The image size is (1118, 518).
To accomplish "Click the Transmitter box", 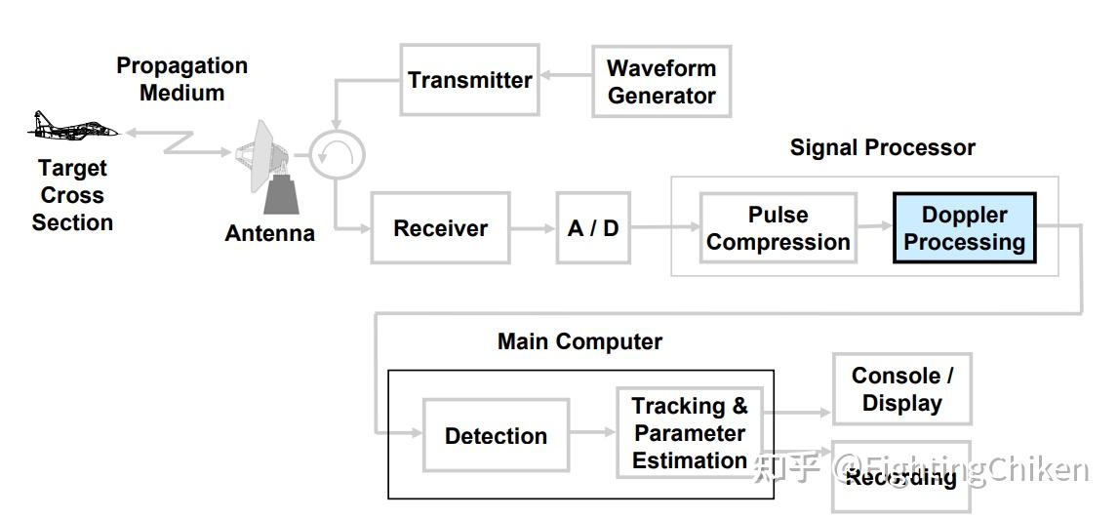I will pyautogui.click(x=469, y=80).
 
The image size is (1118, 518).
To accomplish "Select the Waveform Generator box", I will pyautogui.click(x=660, y=82).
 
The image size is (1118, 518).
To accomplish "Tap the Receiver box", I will pyautogui.click(x=440, y=228).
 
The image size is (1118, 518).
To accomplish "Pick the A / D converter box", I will pyautogui.click(x=593, y=228).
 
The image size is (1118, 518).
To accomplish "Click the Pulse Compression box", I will pyautogui.click(x=778, y=228).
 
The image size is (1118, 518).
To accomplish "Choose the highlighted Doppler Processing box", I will pyautogui.click(x=964, y=228).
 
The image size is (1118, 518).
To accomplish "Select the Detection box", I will pyautogui.click(x=496, y=435).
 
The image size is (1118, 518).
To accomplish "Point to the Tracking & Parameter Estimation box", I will pyautogui.click(x=689, y=433).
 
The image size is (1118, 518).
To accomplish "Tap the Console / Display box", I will pyautogui.click(x=901, y=389).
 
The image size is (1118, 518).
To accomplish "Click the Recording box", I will pyautogui.click(x=901, y=477).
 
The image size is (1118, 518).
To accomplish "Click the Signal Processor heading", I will pyautogui.click(x=882, y=147).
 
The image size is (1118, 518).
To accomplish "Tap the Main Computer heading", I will pyautogui.click(x=579, y=341).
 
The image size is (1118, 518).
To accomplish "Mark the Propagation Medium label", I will pyautogui.click(x=182, y=79).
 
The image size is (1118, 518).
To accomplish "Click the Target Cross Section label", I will pyautogui.click(x=72, y=195).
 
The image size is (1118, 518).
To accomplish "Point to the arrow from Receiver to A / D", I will pyautogui.click(x=533, y=228).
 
